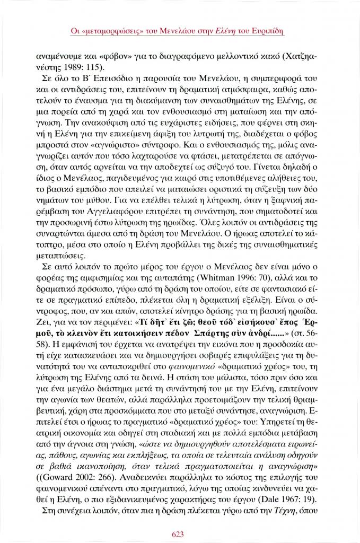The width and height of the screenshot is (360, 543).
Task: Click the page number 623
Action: click(180, 533)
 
